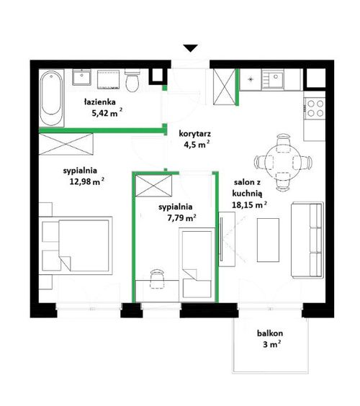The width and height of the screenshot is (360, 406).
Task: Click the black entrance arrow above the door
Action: (x=191, y=48)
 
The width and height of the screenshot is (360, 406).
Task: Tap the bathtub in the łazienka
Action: (x=51, y=98)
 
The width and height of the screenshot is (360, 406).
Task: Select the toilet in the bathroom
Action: (x=132, y=81)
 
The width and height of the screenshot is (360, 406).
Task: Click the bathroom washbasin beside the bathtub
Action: (x=81, y=77)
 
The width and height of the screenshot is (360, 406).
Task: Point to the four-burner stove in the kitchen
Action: (x=315, y=108)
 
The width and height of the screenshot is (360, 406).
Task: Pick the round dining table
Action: (x=283, y=163)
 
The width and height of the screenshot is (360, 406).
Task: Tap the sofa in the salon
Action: (x=307, y=240)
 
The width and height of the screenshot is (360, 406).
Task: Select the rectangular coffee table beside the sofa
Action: (x=268, y=240)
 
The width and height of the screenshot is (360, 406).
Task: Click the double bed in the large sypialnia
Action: (x=76, y=245)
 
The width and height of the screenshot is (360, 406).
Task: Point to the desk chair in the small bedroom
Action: (x=157, y=279)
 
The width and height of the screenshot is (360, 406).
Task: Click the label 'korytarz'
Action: (x=195, y=134)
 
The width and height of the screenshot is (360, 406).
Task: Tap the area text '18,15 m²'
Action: (x=249, y=205)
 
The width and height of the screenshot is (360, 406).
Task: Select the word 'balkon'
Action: (x=269, y=333)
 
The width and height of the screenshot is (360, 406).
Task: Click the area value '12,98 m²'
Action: (x=87, y=181)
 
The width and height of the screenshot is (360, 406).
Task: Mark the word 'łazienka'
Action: (x=100, y=101)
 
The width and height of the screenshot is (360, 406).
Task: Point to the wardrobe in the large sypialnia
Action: (x=66, y=144)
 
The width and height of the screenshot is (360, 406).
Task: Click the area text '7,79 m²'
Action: (x=181, y=218)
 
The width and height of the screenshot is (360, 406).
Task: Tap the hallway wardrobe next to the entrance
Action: (x=225, y=86)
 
